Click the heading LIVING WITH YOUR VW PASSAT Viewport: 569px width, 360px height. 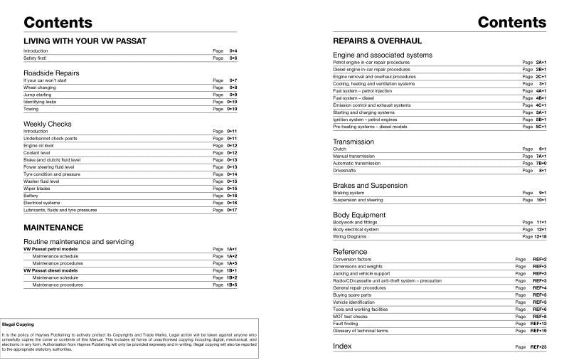85,41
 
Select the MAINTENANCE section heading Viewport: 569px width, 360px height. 53,228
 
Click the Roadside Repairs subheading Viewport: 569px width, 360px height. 51,73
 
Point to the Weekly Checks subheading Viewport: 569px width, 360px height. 48,124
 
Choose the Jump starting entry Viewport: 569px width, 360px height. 36,95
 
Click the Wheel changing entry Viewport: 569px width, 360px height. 38,88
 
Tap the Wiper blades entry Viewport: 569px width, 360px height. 36,189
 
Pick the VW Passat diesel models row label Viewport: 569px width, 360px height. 50,271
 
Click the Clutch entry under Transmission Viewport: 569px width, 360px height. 340,149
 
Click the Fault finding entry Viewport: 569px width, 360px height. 346,324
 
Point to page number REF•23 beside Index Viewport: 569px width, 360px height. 538,347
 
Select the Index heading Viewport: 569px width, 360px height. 342,346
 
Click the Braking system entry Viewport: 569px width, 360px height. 349,193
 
